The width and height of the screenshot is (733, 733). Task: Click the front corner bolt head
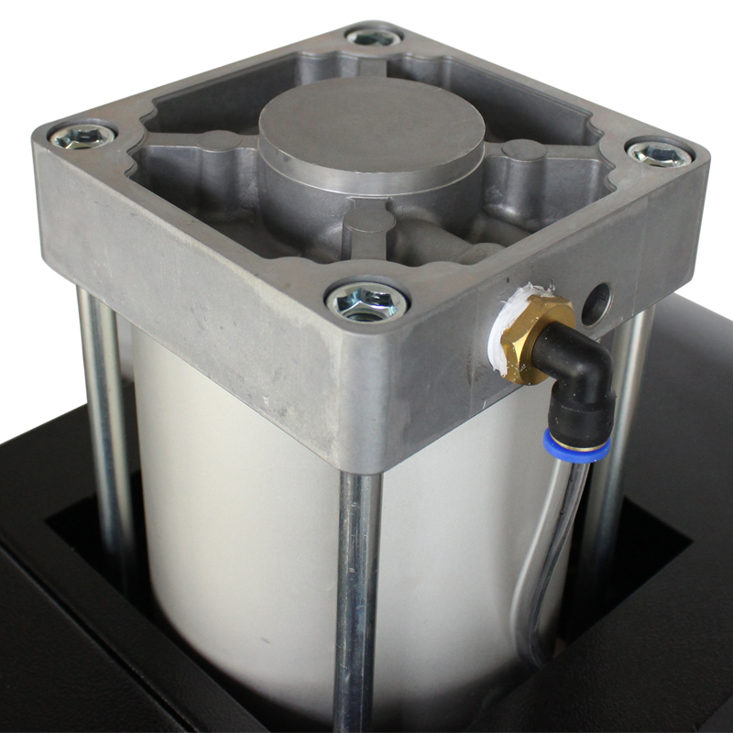[x=366, y=301]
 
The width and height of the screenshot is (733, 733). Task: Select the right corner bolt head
[x=658, y=152]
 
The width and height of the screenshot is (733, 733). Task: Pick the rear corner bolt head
[x=374, y=38]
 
